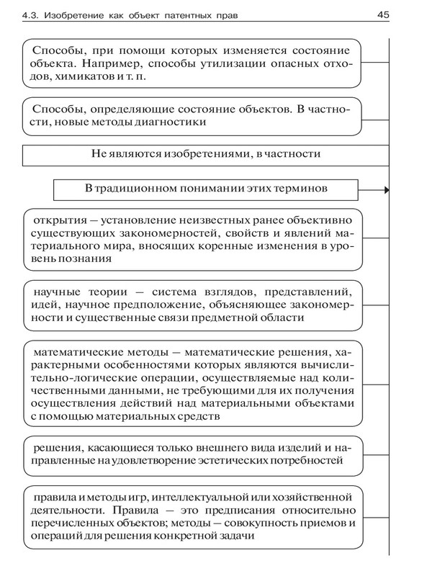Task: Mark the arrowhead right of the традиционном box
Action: pos(387,190)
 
